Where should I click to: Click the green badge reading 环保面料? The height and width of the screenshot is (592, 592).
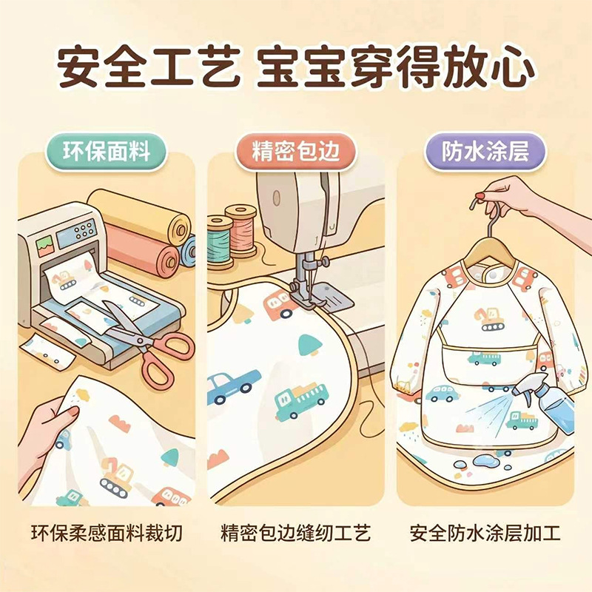click(106, 152)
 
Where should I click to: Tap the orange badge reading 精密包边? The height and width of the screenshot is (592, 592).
click(295, 152)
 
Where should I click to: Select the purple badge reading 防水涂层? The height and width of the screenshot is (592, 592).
click(485, 152)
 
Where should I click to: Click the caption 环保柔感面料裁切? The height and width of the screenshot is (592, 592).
click(107, 533)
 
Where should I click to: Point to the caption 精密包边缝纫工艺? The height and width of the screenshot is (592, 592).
click(295, 533)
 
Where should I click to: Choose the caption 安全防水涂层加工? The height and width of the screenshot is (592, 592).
click(485, 533)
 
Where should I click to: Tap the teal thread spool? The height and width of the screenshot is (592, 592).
click(219, 242)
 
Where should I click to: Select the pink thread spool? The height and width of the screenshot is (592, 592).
click(242, 231)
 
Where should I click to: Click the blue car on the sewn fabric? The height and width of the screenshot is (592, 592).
click(231, 386)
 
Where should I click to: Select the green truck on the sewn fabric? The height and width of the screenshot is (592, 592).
click(301, 401)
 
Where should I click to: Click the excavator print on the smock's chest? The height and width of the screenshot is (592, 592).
click(489, 320)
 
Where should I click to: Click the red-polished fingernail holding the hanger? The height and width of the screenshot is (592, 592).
click(480, 196)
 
